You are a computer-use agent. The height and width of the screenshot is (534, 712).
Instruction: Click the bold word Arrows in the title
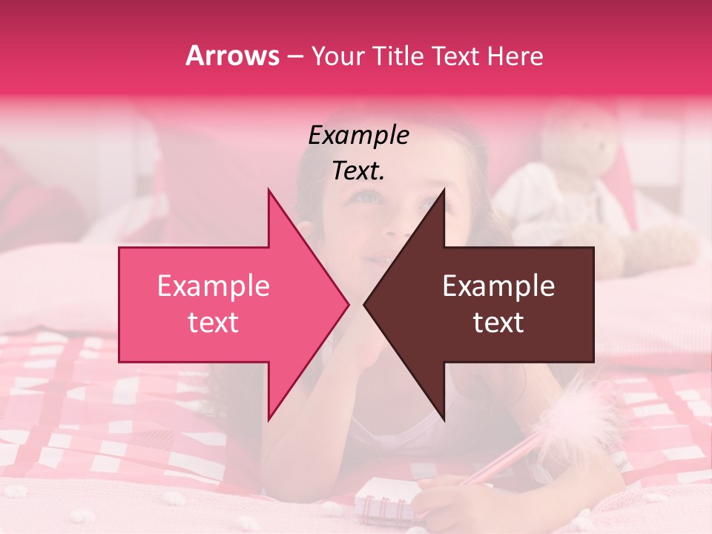232,56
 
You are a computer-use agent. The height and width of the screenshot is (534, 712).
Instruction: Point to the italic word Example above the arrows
358,135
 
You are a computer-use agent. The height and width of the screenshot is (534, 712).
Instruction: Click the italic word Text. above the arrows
358,171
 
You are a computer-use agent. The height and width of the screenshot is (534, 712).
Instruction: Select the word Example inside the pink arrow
213,286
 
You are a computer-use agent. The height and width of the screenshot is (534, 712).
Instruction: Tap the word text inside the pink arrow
213,323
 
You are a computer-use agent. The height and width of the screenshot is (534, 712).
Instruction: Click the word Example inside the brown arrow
498,286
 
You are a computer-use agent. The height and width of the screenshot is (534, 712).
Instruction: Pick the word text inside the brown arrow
498,323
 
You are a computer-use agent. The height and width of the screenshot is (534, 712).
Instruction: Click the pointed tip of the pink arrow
348,304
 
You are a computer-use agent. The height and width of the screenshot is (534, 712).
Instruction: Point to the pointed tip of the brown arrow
364,304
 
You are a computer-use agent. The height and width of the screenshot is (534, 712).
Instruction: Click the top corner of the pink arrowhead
268,190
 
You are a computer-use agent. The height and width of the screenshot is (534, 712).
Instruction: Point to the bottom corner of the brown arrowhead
444,420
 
